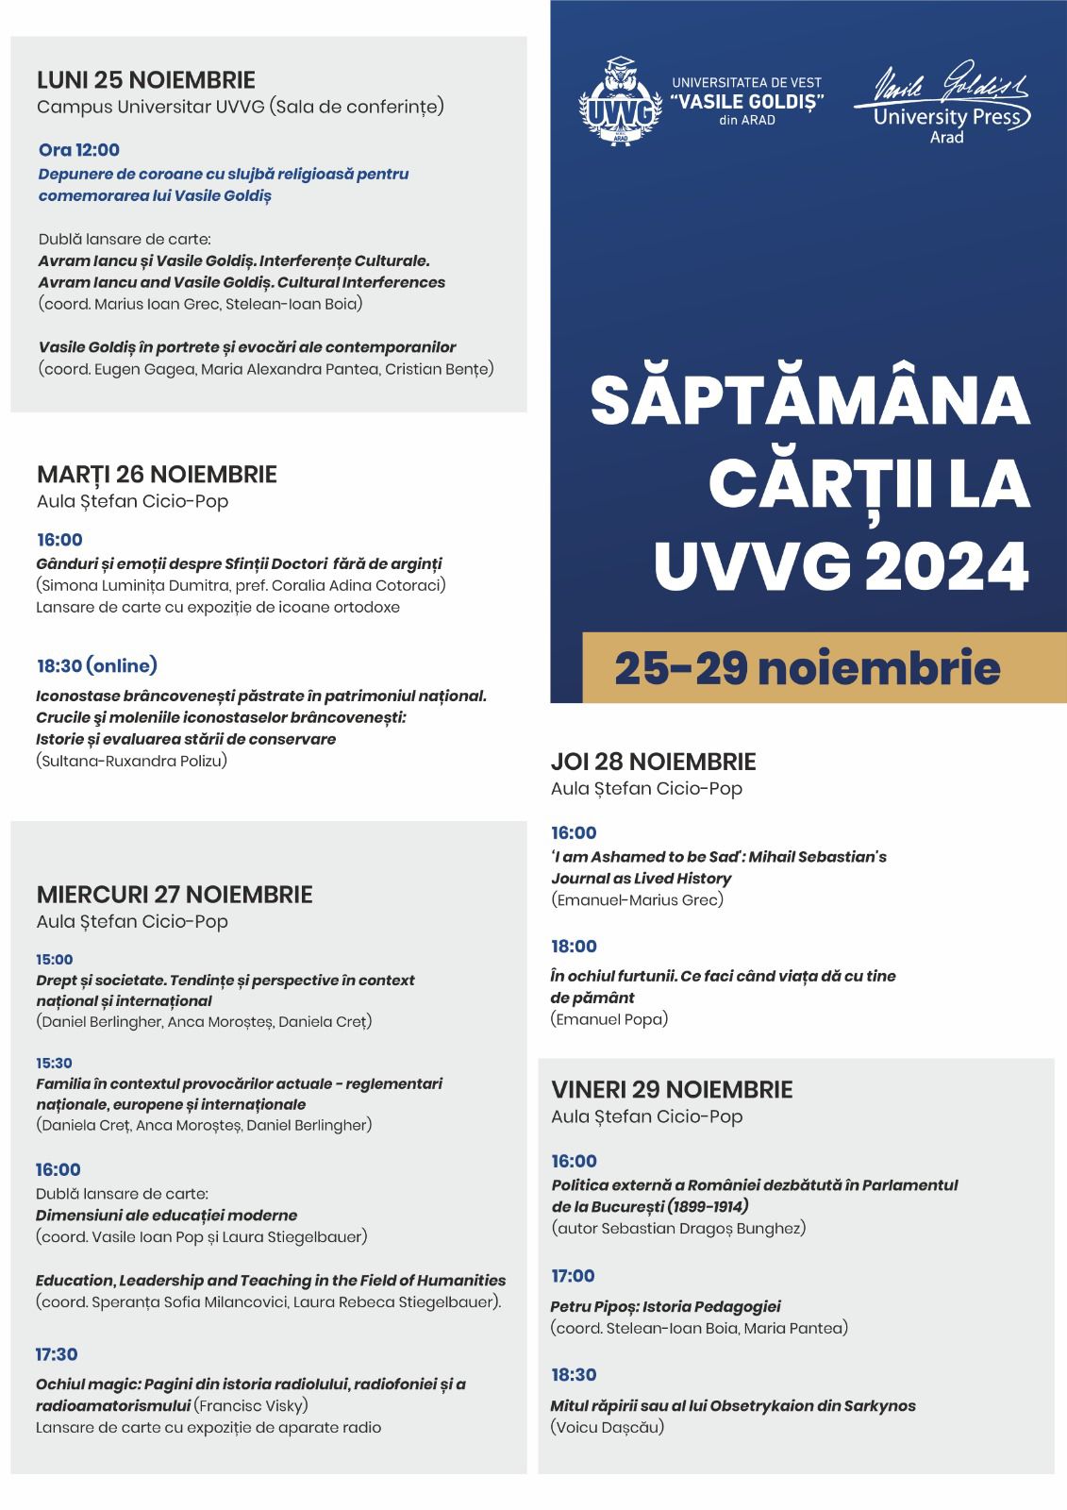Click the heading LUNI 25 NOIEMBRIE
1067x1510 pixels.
pyautogui.click(x=145, y=79)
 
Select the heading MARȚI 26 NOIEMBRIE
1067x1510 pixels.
pyautogui.click(x=157, y=474)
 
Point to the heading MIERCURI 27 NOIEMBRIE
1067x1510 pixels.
pyautogui.click(x=174, y=894)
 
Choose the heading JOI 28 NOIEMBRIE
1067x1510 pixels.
pyautogui.click(x=653, y=762)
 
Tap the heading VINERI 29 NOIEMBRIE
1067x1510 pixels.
pyautogui.click(x=671, y=1089)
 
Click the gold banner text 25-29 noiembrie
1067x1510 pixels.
pyautogui.click(x=807, y=668)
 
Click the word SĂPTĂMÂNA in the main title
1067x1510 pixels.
pyautogui.click(x=809, y=400)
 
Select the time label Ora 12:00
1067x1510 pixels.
pyautogui.click(x=79, y=149)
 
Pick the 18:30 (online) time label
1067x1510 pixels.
pyautogui.click(x=96, y=666)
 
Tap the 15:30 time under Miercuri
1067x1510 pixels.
pyautogui.click(x=54, y=1063)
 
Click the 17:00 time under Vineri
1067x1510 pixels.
pyautogui.click(x=573, y=1276)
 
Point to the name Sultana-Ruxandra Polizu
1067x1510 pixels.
pyautogui.click(x=132, y=761)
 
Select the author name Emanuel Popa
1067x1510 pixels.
pyautogui.click(x=609, y=1018)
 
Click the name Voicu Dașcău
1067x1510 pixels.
pyautogui.click(x=607, y=1426)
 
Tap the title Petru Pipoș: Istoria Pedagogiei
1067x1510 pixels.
pyautogui.click(x=665, y=1306)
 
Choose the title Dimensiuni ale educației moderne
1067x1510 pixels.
pyautogui.click(x=166, y=1215)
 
